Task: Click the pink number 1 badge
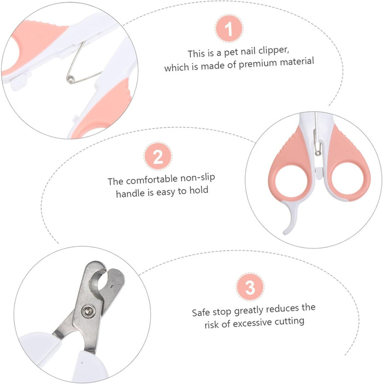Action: (229, 29)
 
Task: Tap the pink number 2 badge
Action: (158, 156)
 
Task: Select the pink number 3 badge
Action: (250, 286)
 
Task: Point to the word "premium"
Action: (258, 64)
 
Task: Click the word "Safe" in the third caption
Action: (201, 313)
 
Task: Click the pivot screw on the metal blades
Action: (88, 311)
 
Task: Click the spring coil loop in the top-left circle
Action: (70, 78)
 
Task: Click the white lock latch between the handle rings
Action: (318, 173)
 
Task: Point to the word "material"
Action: (297, 61)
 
